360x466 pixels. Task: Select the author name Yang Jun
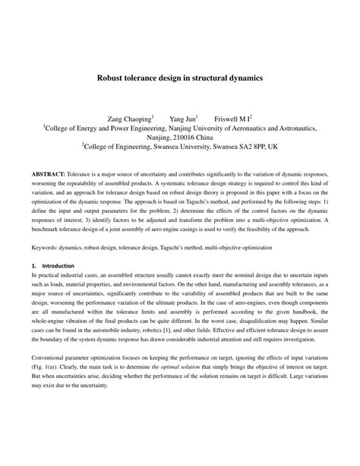tap(182, 119)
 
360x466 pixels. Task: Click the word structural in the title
tap(201, 77)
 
